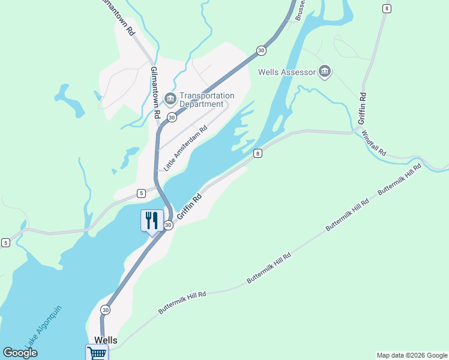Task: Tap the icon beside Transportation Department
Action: [x=170, y=98]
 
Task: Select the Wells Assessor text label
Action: [x=286, y=73]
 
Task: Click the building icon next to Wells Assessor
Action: [x=325, y=72]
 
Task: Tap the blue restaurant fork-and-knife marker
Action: [x=152, y=220]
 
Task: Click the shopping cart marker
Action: [x=96, y=353]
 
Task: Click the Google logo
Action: [x=20, y=353]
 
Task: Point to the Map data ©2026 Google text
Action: [x=412, y=355]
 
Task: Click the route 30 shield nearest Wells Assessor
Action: [x=261, y=51]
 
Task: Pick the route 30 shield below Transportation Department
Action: [x=172, y=117]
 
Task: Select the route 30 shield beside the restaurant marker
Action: [x=169, y=225]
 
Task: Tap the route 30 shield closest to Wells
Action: [x=106, y=310]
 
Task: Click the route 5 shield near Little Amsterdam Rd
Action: [x=141, y=193]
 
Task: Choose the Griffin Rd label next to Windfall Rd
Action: [x=362, y=109]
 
